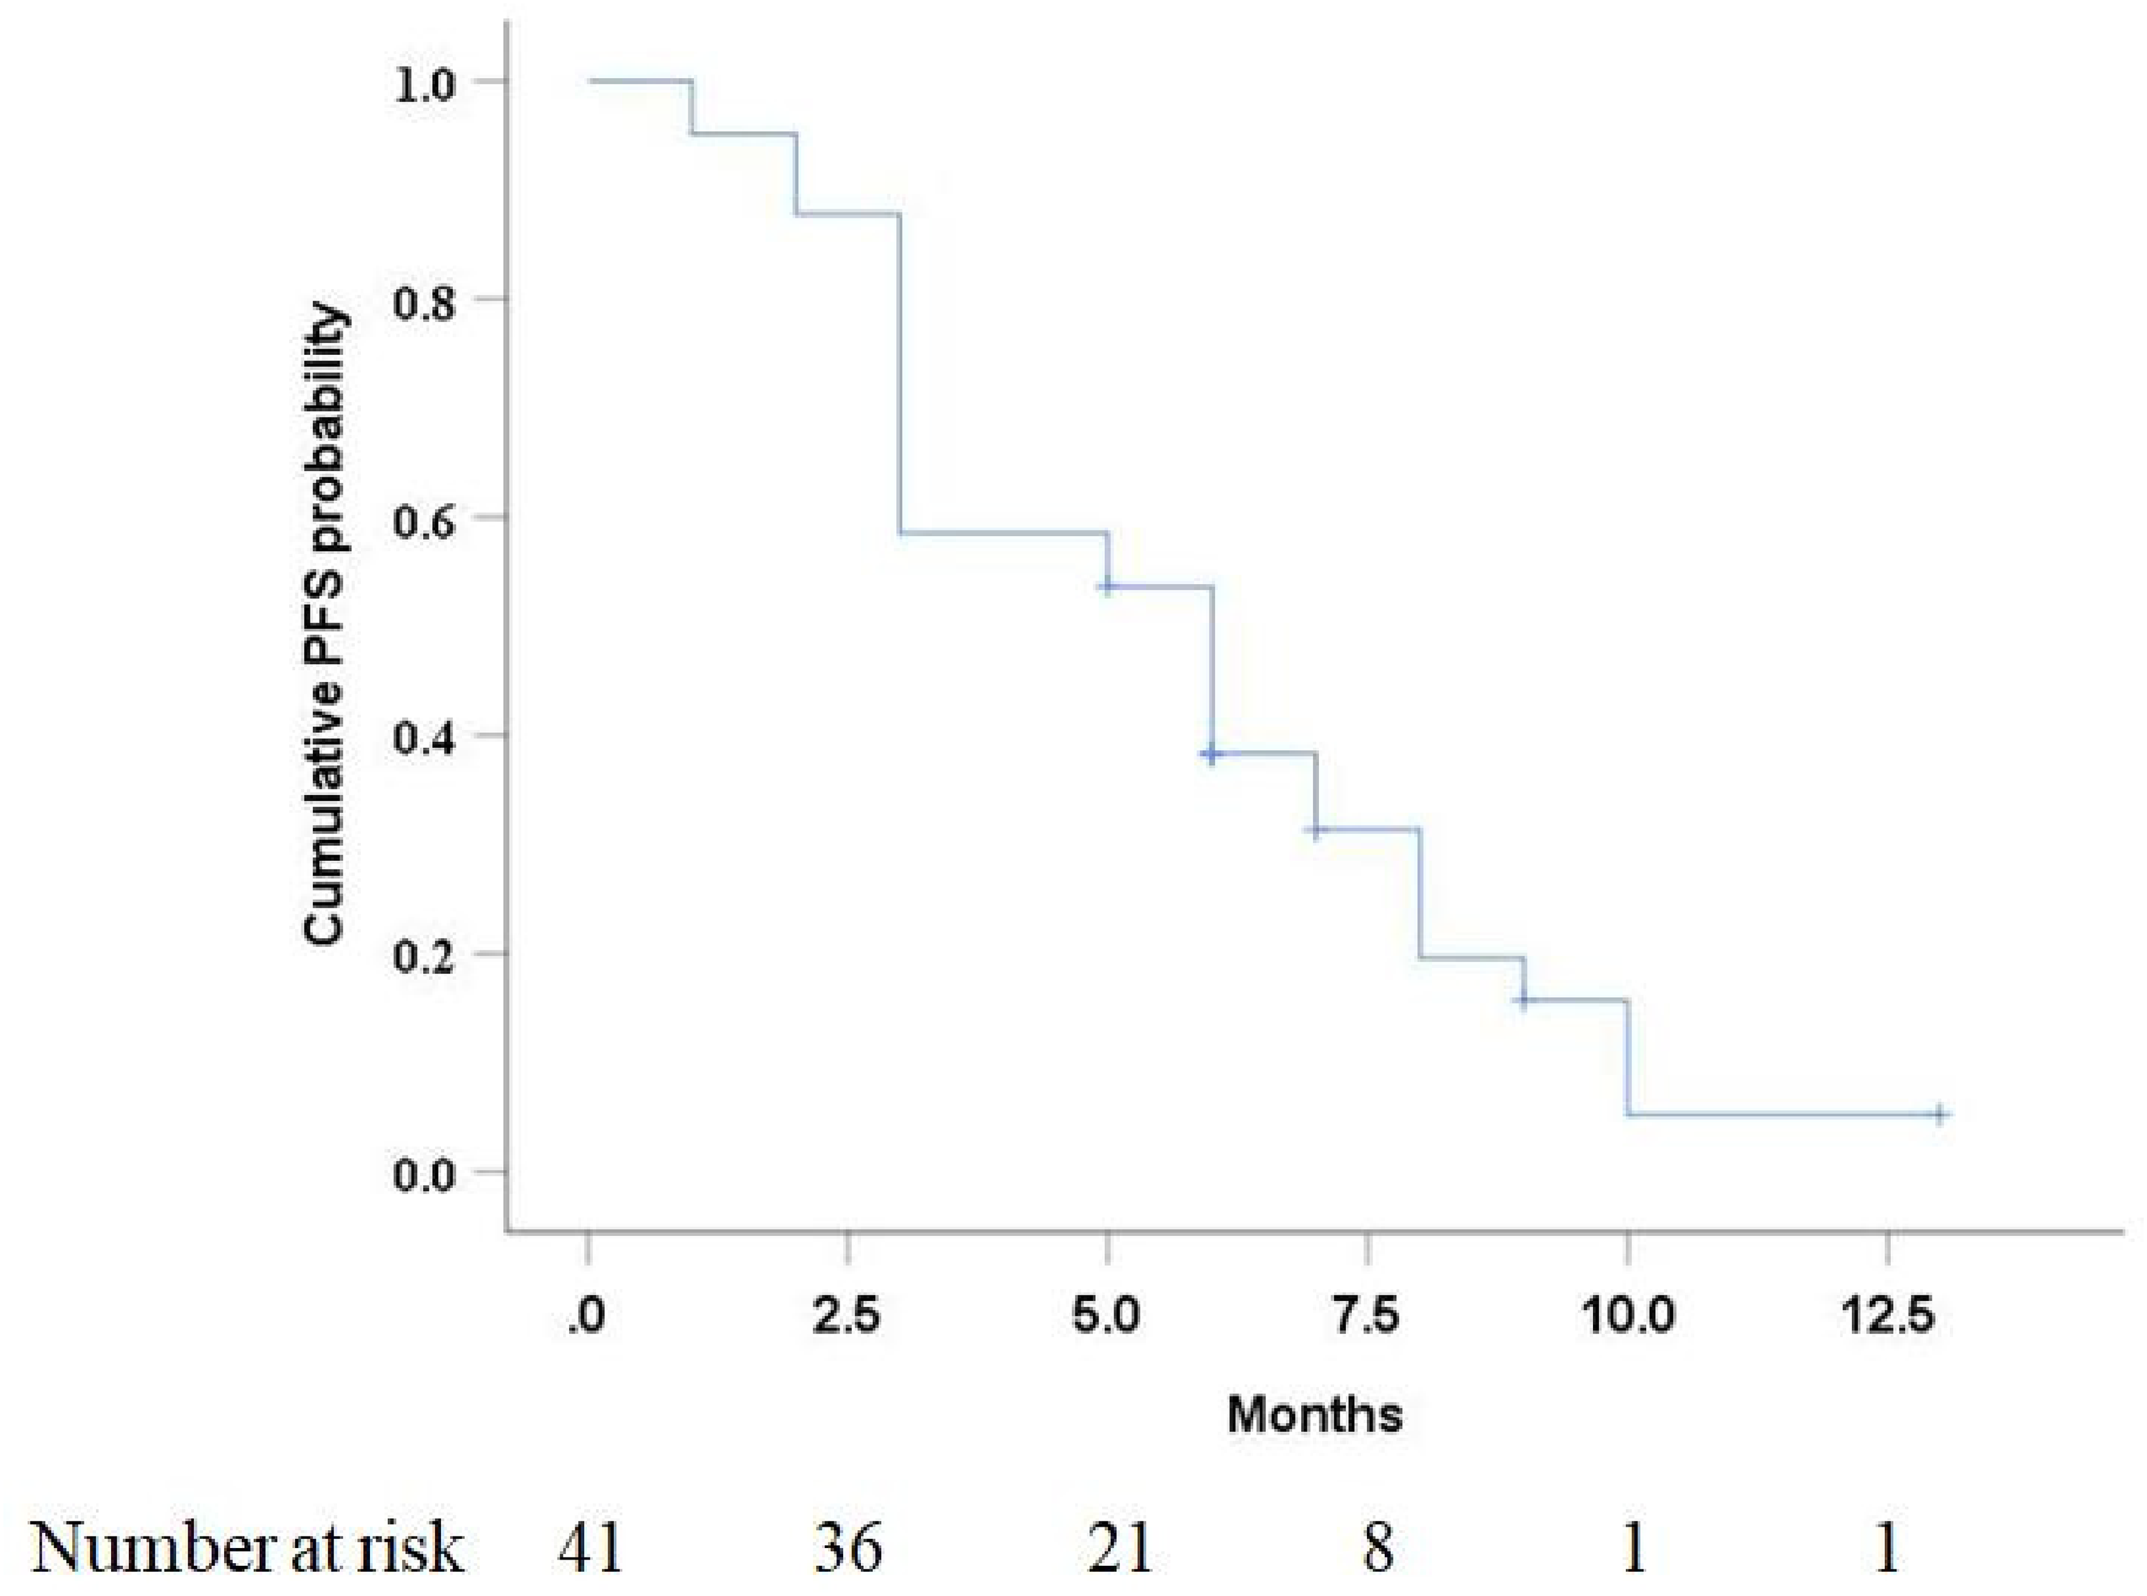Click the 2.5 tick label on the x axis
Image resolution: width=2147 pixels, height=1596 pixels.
pyautogui.click(x=847, y=1318)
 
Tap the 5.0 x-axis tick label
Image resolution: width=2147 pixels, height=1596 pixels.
pyautogui.click(x=1108, y=1318)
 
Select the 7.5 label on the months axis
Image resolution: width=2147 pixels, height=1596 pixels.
pyautogui.click(x=1368, y=1318)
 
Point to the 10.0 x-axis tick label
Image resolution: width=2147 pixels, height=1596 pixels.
pyautogui.click(x=1627, y=1318)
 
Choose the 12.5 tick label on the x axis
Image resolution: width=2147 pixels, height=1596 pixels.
pyautogui.click(x=1887, y=1318)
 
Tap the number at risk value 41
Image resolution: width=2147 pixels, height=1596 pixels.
pyautogui.click(x=590, y=1548)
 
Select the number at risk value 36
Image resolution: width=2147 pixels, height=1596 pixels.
pyautogui.click(x=847, y=1548)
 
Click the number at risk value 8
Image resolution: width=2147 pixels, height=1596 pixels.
pyautogui.click(x=1379, y=1548)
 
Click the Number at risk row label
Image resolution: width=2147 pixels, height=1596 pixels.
pyautogui.click(x=246, y=1548)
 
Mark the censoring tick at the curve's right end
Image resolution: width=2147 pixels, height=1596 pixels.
pyautogui.click(x=1939, y=1114)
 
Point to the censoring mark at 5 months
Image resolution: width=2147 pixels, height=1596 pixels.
pyautogui.click(x=1108, y=586)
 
